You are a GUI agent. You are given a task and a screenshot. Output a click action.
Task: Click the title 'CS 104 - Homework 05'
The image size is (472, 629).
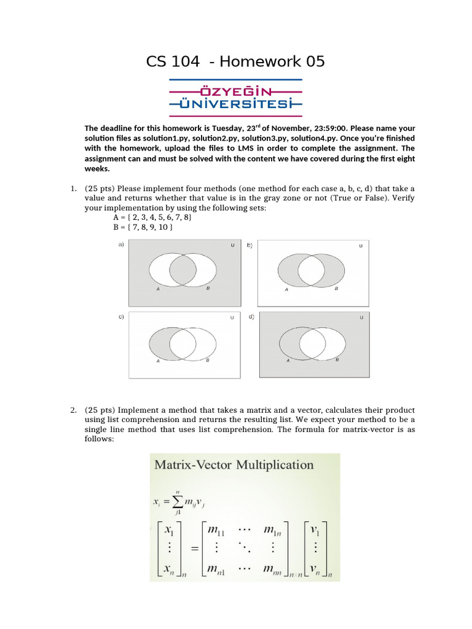[235, 61]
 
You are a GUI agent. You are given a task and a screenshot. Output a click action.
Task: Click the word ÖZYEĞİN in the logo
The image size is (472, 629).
[235, 92]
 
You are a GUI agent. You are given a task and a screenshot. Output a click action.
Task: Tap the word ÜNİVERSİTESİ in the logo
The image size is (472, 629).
[235, 104]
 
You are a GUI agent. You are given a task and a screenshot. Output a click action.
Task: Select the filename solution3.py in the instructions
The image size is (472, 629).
[264, 138]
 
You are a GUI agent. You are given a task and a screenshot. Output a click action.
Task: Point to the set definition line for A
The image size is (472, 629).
[152, 217]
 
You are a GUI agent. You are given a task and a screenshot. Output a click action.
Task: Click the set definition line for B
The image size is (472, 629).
[143, 227]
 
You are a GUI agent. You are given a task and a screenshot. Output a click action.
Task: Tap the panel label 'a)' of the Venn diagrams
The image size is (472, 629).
[121, 244]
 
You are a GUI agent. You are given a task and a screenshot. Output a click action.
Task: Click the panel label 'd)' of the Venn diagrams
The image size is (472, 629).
[251, 316]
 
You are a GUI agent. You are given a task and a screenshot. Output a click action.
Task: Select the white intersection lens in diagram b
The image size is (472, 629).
[311, 271]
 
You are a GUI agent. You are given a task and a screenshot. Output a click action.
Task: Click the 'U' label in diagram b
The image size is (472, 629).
[360, 246]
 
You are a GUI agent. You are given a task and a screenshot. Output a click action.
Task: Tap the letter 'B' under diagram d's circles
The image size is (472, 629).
[337, 360]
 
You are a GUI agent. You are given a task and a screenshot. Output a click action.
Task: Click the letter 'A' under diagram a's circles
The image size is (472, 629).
[158, 289]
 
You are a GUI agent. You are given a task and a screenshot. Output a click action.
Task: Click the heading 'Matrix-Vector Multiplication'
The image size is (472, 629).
[234, 465]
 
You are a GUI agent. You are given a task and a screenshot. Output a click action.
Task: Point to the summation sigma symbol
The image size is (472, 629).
[177, 501]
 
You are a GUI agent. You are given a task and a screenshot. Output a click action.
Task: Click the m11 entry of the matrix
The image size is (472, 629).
[216, 530]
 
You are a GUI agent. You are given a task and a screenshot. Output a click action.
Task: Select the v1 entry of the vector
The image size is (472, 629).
[315, 530]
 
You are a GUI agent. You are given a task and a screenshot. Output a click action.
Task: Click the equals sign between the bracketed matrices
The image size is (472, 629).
[195, 549]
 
